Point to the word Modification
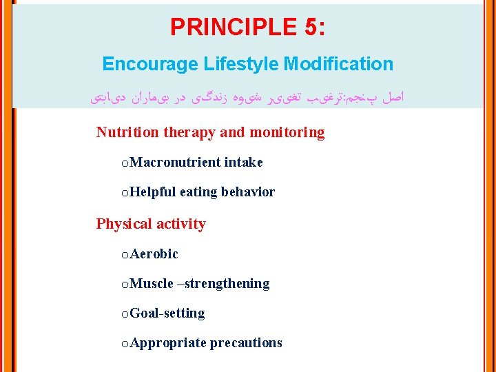338,64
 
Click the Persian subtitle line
248,99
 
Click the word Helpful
152,192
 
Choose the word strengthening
227,284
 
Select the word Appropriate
167,343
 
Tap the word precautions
246,343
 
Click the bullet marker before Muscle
124,285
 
